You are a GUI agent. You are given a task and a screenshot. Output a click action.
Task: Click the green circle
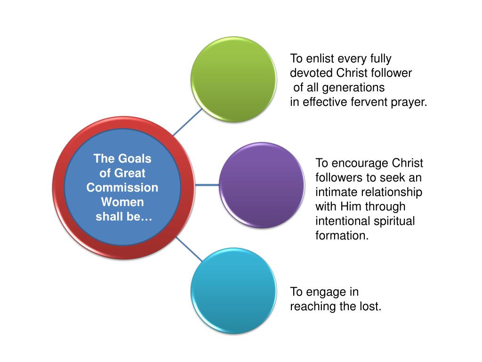point(233,79)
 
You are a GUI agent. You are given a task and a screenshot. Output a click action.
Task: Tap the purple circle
point(262,185)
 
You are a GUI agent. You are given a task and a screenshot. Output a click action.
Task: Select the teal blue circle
point(233,291)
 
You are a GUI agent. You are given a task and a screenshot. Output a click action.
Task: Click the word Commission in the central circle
point(122,188)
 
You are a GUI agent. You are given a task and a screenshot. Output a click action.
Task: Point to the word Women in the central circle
point(122,202)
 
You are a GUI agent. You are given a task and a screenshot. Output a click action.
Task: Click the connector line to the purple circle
point(208,185)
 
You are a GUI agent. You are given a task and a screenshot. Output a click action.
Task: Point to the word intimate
point(335,192)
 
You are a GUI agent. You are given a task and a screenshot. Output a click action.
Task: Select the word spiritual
point(393,221)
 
